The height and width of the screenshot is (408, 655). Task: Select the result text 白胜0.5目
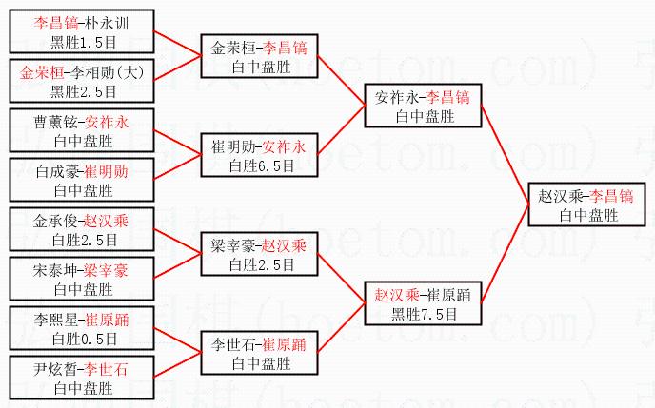pyautogui.click(x=83, y=338)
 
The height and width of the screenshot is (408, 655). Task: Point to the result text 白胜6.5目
pyautogui.click(x=259, y=165)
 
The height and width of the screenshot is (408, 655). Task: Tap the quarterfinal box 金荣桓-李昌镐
pyautogui.click(x=259, y=55)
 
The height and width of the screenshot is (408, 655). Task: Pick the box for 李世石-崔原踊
pyautogui.click(x=259, y=353)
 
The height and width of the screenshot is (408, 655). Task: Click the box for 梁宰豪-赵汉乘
pyautogui.click(x=259, y=254)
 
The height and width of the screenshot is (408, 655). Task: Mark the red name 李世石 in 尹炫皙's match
pyautogui.click(x=108, y=369)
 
